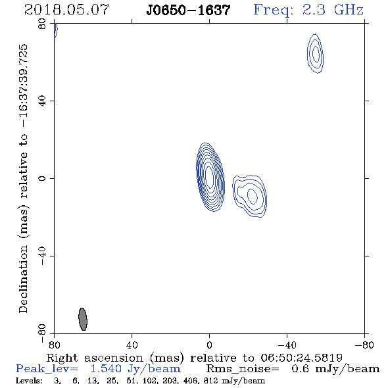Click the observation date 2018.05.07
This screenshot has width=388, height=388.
point(66,10)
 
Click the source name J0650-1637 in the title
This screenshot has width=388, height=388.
point(188,11)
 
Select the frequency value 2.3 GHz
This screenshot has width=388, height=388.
point(333,10)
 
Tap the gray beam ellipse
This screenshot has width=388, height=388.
point(83,319)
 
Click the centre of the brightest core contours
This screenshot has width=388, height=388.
point(210,177)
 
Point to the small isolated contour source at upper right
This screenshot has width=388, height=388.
point(315,53)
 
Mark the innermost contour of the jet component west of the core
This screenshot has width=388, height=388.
point(253,196)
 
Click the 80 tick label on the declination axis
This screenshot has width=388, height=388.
point(42,24)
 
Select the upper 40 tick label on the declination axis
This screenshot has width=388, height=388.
point(42,101)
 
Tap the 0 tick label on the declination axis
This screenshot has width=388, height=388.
point(42,178)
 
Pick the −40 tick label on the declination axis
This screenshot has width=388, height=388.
point(42,256)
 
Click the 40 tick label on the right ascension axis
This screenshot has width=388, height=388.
point(132,345)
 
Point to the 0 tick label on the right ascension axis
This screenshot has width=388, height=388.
point(209,345)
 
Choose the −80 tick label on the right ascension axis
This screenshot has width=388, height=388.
point(364,345)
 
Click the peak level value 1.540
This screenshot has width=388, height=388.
point(106,369)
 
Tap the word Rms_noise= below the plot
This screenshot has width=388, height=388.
point(243,369)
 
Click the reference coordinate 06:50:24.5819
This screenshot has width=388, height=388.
point(301,358)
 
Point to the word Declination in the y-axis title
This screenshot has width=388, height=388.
point(23,279)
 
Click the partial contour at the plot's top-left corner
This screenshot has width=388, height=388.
point(56,30)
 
